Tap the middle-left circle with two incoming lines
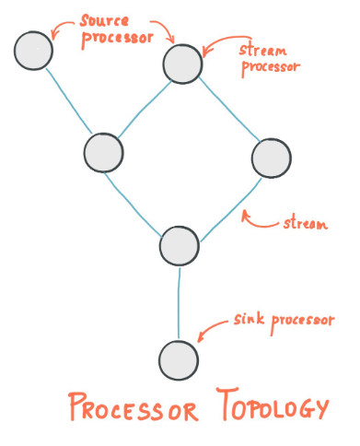[x=103, y=152]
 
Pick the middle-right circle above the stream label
[x=271, y=158]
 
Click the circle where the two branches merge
[x=179, y=245]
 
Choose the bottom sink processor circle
[x=178, y=358]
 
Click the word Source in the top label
[x=103, y=19]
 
